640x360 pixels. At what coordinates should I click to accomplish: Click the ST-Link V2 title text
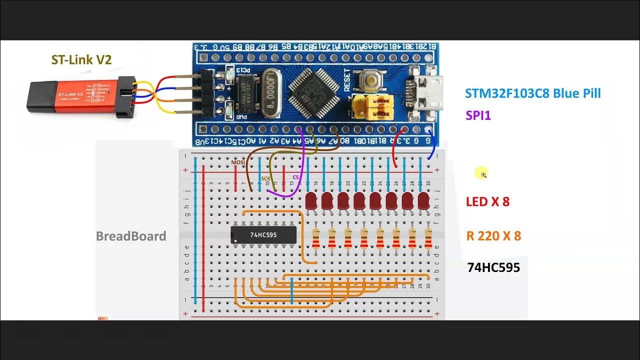(x=81, y=59)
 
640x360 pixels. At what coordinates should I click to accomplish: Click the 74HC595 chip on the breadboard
(x=263, y=234)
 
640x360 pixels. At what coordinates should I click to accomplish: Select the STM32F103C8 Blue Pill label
(x=532, y=93)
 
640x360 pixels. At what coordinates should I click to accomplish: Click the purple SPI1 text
(x=478, y=115)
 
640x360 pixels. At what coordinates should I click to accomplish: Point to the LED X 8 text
(x=487, y=202)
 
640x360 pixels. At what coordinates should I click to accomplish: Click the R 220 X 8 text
(x=493, y=236)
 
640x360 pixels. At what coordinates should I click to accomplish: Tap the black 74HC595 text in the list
(x=493, y=267)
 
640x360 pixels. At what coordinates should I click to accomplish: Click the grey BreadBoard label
(x=131, y=236)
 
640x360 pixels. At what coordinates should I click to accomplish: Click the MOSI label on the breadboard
(x=237, y=162)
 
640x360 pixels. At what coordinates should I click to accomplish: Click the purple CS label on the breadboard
(x=295, y=177)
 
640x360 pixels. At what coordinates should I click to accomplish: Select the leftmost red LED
(x=311, y=201)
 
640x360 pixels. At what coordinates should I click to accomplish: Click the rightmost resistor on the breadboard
(x=428, y=238)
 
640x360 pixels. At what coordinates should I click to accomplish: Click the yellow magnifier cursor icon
(x=482, y=174)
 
